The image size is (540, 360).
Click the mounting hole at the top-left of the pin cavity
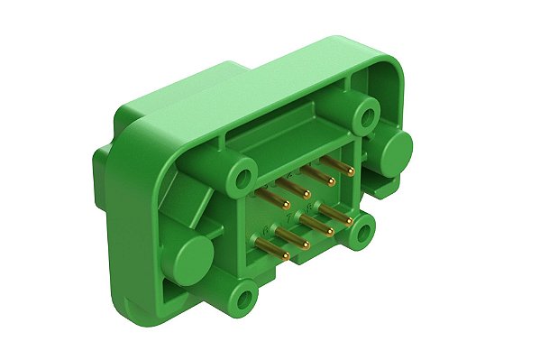tap(240, 180)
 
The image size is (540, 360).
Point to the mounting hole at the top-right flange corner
tap(365, 115)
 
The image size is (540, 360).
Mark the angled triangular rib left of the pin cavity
tap(185, 194)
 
